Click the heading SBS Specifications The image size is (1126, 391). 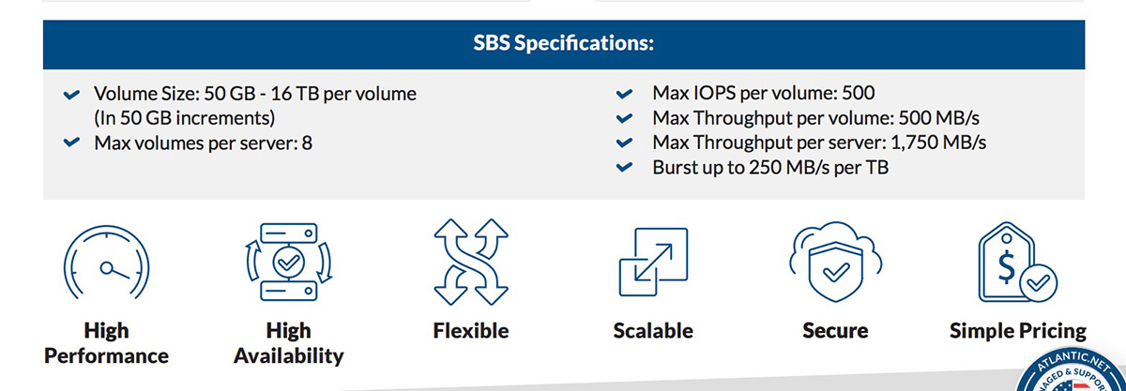coord(564,43)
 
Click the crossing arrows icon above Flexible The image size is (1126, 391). coord(471,262)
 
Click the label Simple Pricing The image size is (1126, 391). coord(1018,331)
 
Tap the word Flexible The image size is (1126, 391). coord(471,331)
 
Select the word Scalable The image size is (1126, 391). coord(653,331)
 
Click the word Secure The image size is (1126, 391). coord(835,331)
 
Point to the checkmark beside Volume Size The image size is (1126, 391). coord(72,95)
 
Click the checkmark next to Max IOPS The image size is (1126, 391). coord(624,94)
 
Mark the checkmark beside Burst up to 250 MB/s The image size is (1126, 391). coord(624,167)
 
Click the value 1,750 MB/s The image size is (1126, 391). coord(938,143)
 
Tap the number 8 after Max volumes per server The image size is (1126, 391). coord(307,143)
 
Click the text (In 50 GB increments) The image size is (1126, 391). coord(185,118)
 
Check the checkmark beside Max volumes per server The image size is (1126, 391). coord(72,143)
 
